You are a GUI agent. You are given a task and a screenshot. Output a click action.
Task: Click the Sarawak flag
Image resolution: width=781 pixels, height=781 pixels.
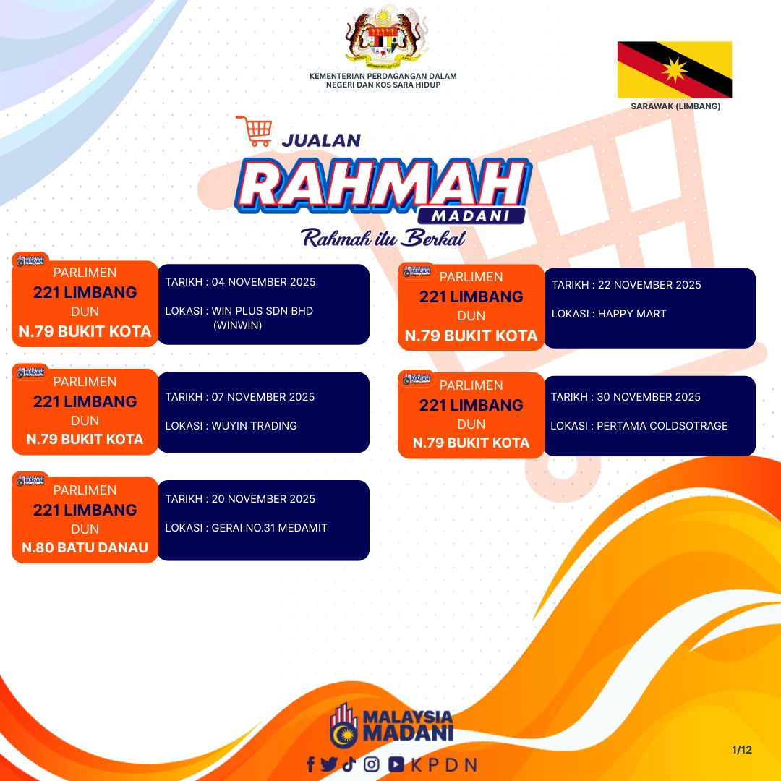click(x=675, y=69)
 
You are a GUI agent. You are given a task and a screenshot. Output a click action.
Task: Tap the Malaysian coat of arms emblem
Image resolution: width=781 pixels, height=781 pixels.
click(x=383, y=38)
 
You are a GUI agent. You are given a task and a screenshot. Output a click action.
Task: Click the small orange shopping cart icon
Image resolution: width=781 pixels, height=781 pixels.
click(x=255, y=131)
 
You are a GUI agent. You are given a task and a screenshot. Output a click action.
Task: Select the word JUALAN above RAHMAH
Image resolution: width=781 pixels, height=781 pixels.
click(x=321, y=140)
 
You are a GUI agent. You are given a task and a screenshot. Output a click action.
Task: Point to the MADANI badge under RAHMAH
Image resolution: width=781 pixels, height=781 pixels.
click(x=471, y=215)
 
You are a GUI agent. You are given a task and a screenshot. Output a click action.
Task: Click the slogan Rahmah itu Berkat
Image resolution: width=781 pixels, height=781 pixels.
click(x=383, y=238)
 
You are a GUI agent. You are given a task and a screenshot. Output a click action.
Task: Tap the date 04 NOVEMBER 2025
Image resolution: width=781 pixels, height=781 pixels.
click(x=263, y=282)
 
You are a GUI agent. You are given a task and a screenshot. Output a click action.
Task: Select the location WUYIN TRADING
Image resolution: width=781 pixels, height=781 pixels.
click(x=254, y=426)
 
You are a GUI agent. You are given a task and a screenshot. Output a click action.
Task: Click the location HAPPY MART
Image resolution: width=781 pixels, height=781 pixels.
click(x=631, y=314)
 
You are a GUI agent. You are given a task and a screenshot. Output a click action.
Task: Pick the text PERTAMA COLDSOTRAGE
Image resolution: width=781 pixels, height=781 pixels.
click(x=662, y=426)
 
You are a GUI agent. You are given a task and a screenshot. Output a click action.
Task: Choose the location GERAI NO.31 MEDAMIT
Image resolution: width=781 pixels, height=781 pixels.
click(x=270, y=527)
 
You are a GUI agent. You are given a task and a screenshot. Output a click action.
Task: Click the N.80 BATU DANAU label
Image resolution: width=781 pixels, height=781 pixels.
click(x=85, y=548)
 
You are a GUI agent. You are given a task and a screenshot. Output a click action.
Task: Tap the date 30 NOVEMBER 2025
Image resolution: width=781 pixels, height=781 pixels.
click(x=649, y=397)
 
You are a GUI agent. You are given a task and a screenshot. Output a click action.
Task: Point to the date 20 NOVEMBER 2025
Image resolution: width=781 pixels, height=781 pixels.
click(x=263, y=499)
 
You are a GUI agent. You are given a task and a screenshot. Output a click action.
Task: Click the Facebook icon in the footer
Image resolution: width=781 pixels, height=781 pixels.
click(x=311, y=764)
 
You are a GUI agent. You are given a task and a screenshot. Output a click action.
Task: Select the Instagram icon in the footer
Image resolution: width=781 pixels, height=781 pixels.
click(x=371, y=764)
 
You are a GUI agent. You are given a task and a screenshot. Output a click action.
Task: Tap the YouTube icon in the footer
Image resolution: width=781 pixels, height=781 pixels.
click(x=396, y=764)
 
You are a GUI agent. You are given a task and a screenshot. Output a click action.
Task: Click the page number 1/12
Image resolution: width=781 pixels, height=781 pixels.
click(x=742, y=750)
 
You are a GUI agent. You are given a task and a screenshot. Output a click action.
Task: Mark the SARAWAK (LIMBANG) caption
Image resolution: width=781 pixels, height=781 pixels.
click(x=675, y=106)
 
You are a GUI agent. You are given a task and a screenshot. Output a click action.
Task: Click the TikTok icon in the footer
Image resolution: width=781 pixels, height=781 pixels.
click(x=349, y=764)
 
